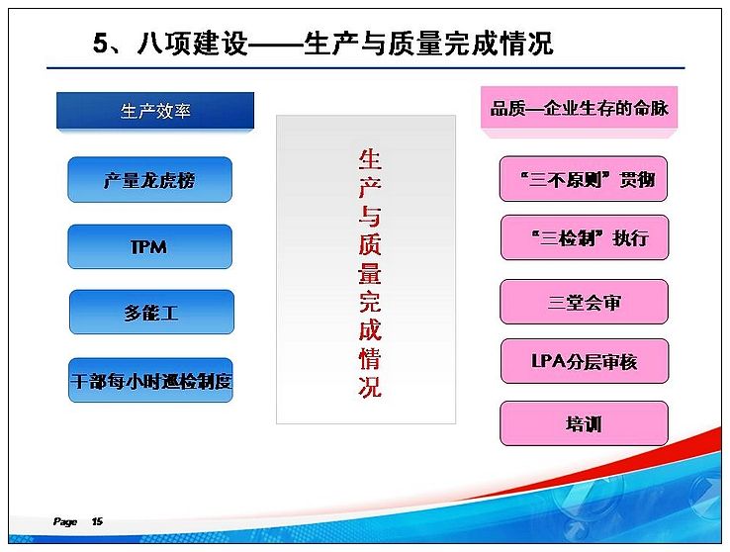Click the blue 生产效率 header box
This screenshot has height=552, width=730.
[x=155, y=111]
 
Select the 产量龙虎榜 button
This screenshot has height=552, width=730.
[x=150, y=180]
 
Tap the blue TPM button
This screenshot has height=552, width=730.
[x=150, y=246]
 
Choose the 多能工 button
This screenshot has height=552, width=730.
[x=151, y=312]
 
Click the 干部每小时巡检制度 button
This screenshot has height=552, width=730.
[x=150, y=380]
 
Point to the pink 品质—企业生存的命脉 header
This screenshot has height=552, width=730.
[x=580, y=108]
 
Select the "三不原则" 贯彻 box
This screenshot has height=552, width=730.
[x=584, y=179]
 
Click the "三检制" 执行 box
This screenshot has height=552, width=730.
[x=585, y=237]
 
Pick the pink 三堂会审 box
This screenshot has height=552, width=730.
[x=585, y=302]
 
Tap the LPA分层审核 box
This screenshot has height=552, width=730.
[x=585, y=361]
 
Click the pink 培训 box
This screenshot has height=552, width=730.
[x=585, y=423]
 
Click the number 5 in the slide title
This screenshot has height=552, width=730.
[x=101, y=44]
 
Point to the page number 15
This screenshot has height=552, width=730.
[x=97, y=521]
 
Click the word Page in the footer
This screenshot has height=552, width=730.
[x=65, y=521]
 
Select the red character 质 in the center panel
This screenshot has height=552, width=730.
[x=370, y=244]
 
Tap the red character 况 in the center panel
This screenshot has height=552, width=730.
[x=370, y=387]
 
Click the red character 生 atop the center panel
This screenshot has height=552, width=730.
[x=370, y=159]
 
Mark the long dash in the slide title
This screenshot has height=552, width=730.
[x=275, y=44]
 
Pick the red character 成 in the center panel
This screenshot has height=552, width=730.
[x=370, y=329]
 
